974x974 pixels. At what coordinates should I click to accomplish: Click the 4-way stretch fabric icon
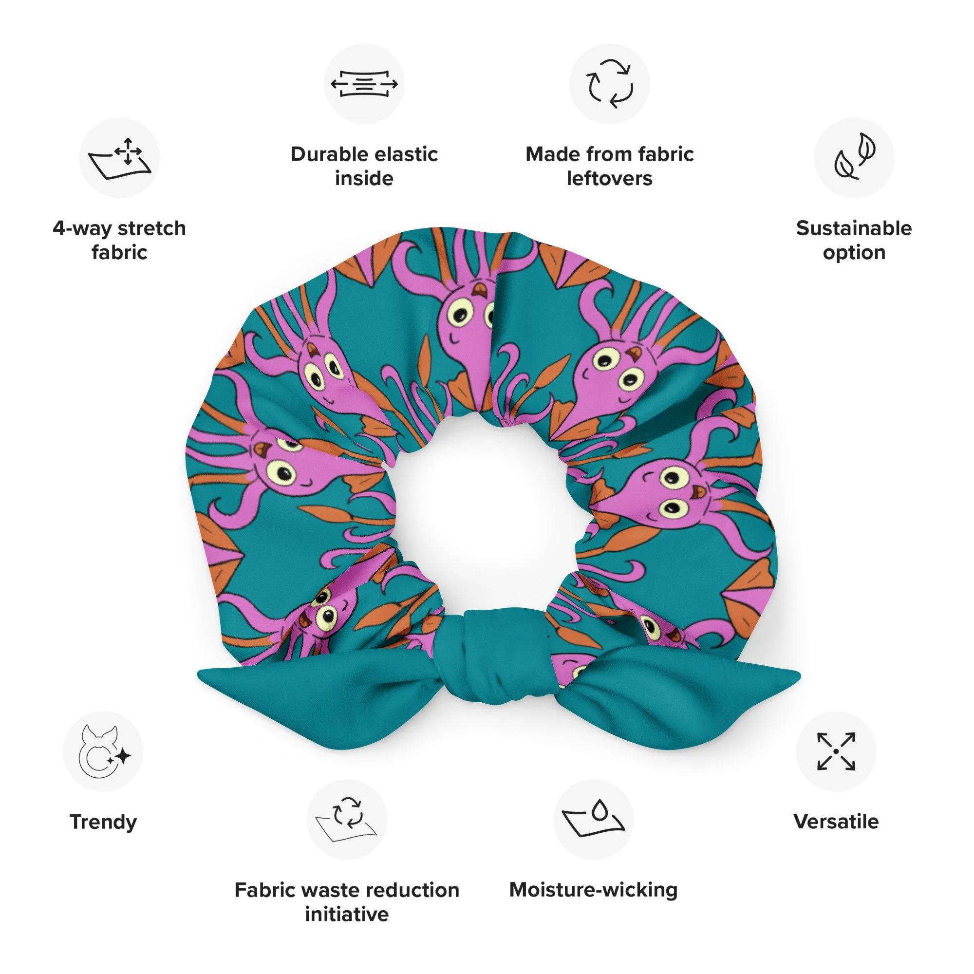(119, 158)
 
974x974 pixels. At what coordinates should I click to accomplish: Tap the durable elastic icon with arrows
(364, 84)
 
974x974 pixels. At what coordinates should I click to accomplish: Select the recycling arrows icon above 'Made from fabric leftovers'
(610, 84)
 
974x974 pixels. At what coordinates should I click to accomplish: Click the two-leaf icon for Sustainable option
(854, 158)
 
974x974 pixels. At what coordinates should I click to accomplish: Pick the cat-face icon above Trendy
(103, 751)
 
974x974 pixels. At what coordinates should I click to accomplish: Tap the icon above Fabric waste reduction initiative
(347, 820)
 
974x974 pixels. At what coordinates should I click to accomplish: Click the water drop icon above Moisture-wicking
(593, 820)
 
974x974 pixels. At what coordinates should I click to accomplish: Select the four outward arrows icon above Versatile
(836, 751)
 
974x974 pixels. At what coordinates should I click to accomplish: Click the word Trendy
(103, 822)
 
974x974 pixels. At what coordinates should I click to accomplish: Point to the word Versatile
(836, 822)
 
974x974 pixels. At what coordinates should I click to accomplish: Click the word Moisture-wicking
(593, 890)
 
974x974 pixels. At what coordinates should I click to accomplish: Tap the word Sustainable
(854, 228)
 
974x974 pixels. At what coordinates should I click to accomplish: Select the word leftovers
(610, 178)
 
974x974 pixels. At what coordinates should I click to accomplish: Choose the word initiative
(347, 914)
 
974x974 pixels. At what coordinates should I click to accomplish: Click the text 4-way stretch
(119, 228)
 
